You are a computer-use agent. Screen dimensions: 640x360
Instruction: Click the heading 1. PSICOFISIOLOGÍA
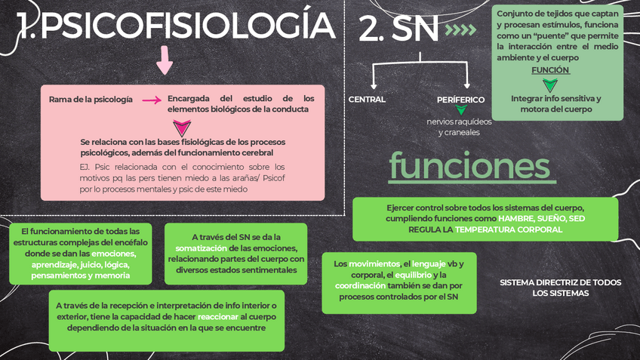176,28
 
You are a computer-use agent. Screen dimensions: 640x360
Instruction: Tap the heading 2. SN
398,30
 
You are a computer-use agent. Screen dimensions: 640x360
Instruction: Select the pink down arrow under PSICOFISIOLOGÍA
165,60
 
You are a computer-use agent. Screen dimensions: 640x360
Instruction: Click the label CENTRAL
367,100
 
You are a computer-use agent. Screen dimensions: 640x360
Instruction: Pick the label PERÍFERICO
460,100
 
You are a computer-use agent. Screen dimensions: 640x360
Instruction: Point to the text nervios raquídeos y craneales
459,127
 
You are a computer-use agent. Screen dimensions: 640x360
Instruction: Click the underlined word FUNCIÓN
550,70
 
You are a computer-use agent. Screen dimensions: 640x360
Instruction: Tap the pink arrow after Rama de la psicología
151,100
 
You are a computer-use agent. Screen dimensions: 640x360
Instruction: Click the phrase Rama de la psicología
91,100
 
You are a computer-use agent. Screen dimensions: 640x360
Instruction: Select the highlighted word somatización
201,248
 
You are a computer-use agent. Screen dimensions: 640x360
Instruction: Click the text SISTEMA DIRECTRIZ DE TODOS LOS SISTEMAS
560,288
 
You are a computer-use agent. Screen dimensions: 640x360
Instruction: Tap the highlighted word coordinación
360,286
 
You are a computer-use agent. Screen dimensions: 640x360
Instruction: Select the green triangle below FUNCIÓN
550,85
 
